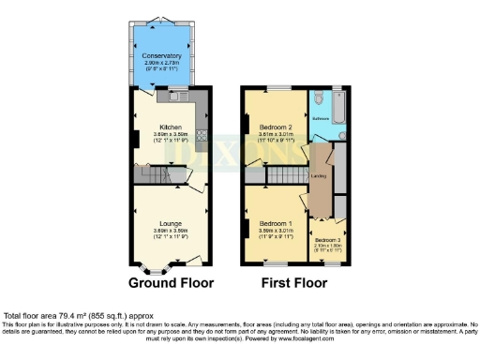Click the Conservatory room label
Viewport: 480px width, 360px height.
click(x=161, y=56)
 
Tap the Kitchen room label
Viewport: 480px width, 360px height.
click(x=170, y=127)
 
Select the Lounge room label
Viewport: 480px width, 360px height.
click(x=170, y=223)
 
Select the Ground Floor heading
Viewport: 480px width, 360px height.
click(x=171, y=282)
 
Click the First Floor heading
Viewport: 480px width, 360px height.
click(x=297, y=282)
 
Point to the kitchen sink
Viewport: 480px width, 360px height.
click(x=174, y=95)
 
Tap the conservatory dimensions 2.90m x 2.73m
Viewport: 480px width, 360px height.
click(x=161, y=63)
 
